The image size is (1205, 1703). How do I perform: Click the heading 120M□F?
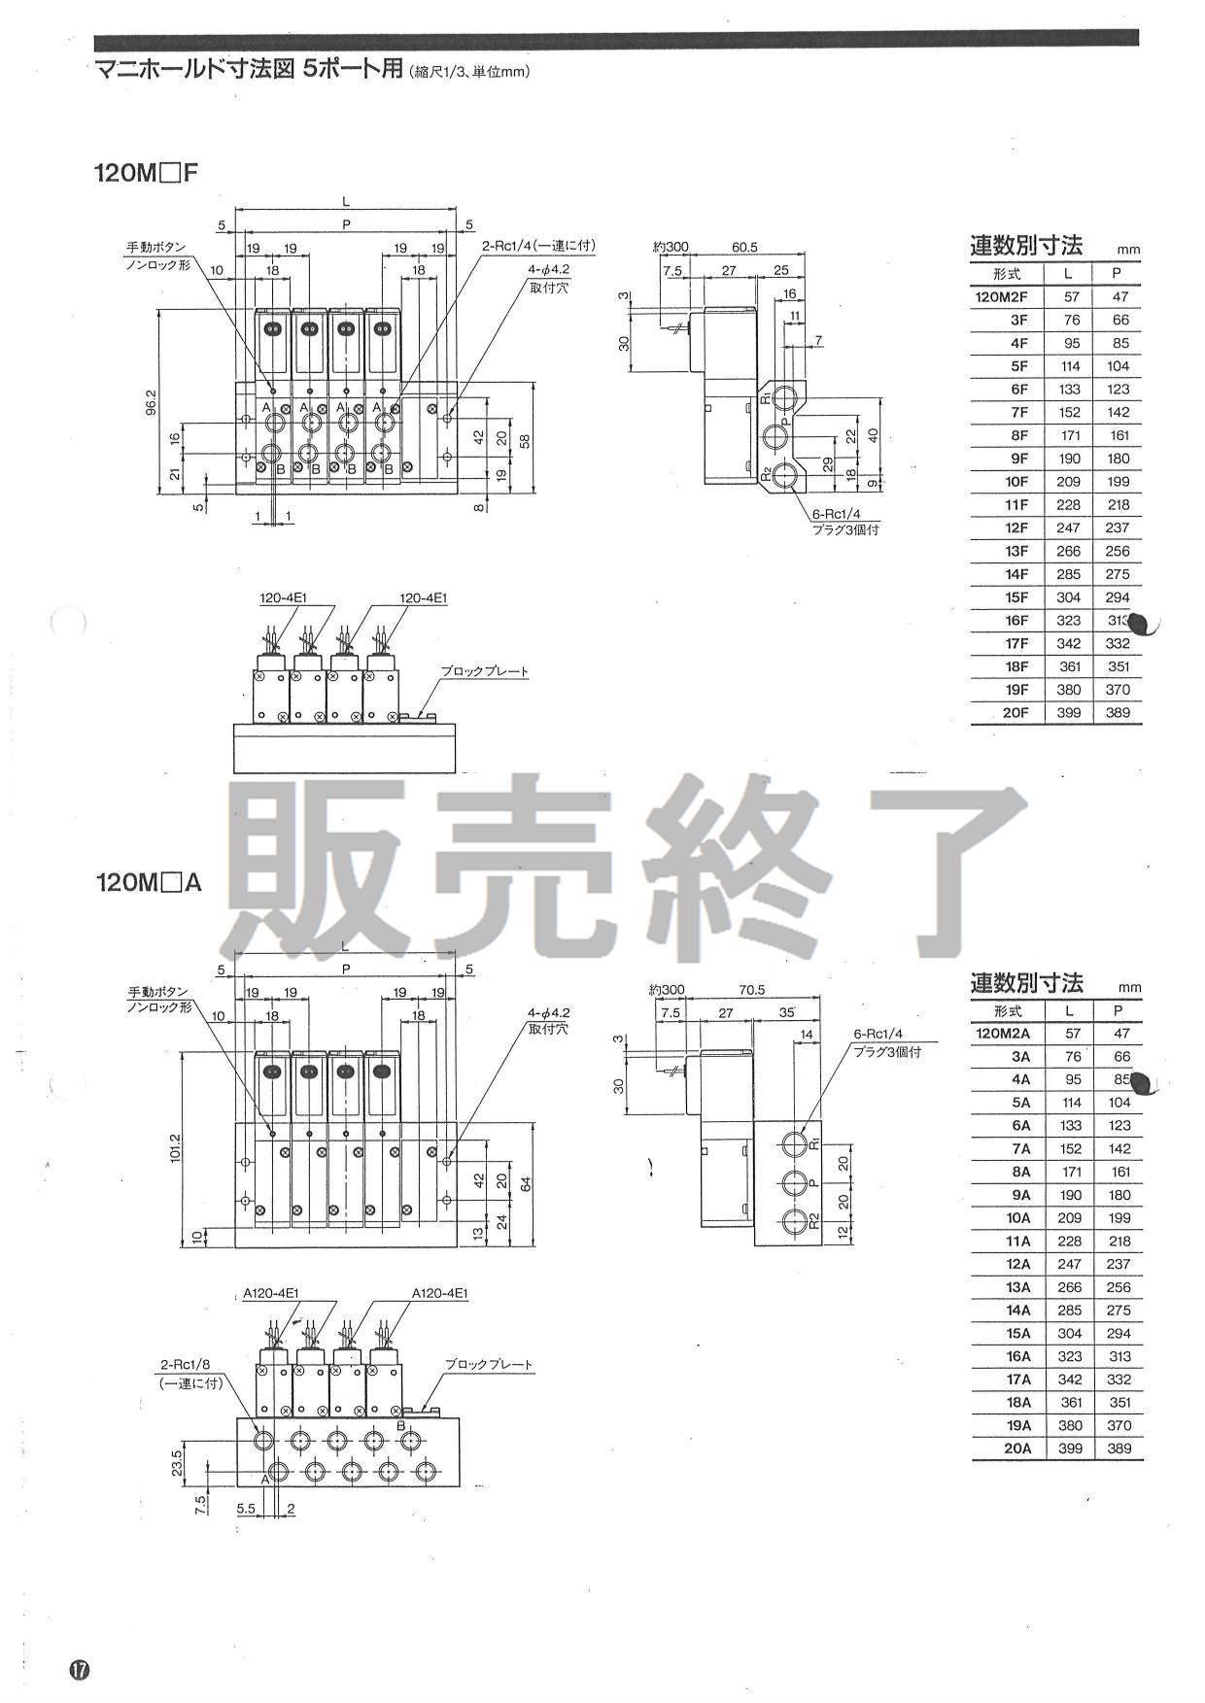click(146, 174)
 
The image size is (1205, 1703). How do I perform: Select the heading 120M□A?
click(148, 882)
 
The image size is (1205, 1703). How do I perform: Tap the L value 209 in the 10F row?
click(1069, 482)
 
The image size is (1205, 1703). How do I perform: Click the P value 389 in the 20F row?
click(1118, 712)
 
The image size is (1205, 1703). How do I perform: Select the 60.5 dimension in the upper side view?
click(744, 248)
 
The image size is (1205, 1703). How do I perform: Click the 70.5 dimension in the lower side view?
click(751, 990)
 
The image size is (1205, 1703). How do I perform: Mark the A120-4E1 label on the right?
click(439, 1293)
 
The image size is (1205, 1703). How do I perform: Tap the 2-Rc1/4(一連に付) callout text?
click(537, 248)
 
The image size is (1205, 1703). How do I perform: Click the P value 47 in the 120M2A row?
click(1120, 1034)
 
